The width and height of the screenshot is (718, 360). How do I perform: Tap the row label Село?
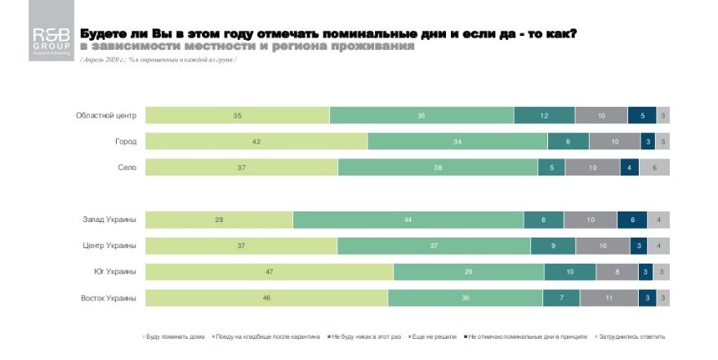126,167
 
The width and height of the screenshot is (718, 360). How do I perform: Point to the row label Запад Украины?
109,220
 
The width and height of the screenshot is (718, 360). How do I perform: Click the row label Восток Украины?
108,299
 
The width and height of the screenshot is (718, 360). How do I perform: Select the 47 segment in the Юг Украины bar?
270,273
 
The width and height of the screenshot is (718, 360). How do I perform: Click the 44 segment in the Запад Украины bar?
408,220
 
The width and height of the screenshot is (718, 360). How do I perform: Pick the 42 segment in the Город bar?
256,141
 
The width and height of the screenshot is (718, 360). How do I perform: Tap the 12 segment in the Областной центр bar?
544,116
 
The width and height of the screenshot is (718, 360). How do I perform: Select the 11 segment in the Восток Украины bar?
609,299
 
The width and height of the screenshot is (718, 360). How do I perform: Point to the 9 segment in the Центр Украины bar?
553,246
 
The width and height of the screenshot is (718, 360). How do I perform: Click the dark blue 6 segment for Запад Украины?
632,220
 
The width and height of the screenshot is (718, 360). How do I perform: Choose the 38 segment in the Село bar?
438,167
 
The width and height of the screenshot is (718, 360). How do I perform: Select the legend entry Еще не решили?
433,336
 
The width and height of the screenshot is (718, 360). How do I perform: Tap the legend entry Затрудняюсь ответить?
634,336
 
